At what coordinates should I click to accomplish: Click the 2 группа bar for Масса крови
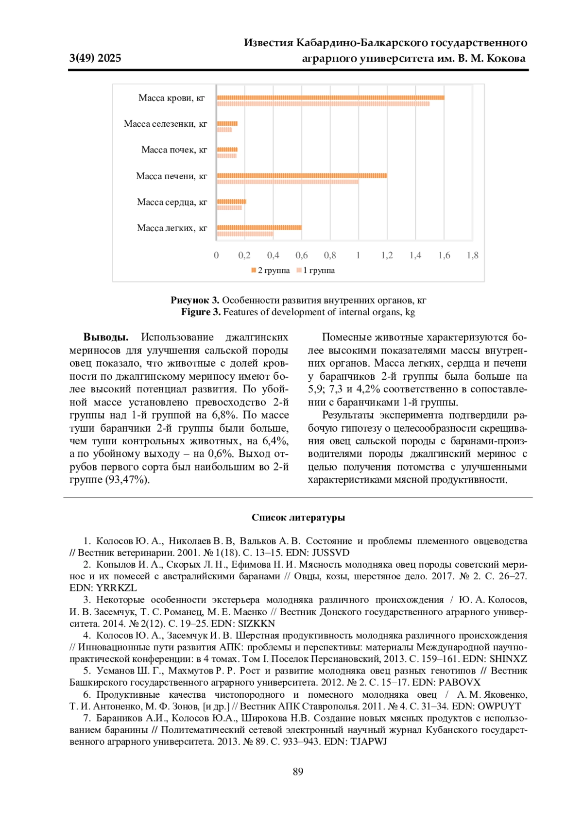coord(330,98)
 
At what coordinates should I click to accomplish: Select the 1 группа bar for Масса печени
coord(288,182)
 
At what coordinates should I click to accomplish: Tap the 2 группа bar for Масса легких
coord(259,227)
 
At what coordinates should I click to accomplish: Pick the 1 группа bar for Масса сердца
coord(229,208)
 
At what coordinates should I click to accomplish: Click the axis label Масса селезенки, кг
coord(165,124)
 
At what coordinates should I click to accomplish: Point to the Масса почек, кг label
coord(174,150)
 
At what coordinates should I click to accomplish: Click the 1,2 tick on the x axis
coord(387,255)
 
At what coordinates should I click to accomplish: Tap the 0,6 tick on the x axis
coord(301,255)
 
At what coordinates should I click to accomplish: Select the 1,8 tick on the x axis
coord(472,255)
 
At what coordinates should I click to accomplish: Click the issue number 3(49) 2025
coord(95,58)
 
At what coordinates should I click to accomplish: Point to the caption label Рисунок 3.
coord(195,300)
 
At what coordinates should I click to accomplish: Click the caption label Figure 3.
coord(201,312)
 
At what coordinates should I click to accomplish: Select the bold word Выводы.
coord(106,337)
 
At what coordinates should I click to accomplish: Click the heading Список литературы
coord(298,518)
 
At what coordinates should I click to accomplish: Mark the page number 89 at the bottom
coord(298,772)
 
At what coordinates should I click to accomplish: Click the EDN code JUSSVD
coord(330,553)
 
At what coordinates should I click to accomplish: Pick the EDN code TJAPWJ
coord(369,741)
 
